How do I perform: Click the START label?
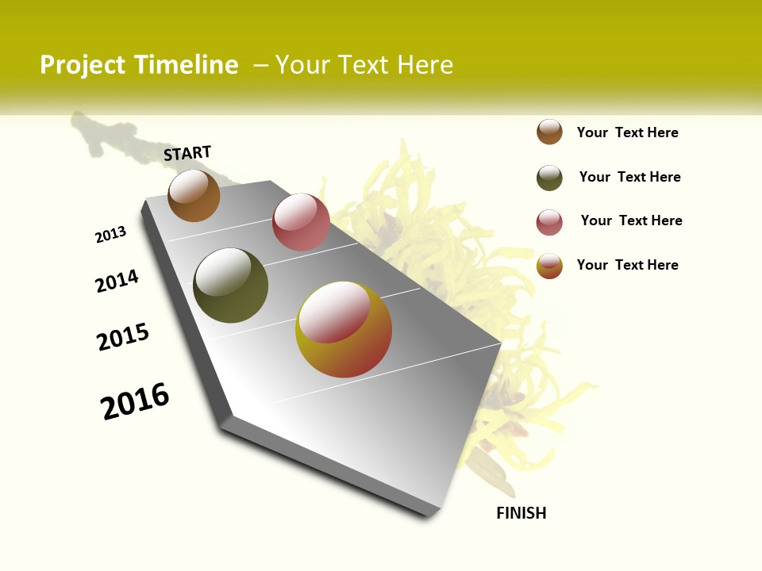[187, 153]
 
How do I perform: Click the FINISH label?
[521, 513]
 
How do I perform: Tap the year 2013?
[111, 235]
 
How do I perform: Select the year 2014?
[117, 281]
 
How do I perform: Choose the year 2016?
[135, 400]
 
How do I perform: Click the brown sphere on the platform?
[194, 195]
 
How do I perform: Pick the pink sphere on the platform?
[301, 222]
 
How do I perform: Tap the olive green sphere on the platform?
[230, 285]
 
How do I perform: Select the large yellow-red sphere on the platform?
[344, 329]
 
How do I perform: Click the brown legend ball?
[549, 132]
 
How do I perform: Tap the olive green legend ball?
[549, 178]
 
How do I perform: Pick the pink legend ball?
[549, 222]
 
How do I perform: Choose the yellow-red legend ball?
[549, 266]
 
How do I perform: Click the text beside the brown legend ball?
[627, 132]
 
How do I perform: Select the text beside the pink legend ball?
[631, 220]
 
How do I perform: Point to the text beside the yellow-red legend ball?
[627, 265]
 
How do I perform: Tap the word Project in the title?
[83, 65]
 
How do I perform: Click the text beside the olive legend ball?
[629, 177]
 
